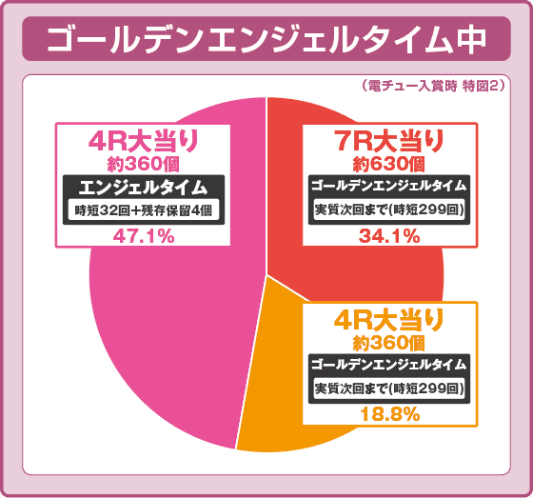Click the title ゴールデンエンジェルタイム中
266,39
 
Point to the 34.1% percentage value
389,236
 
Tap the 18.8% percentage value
389,414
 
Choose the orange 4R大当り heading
389,319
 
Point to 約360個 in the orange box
389,341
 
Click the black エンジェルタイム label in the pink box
144,187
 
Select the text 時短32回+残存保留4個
144,210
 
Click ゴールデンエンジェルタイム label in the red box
389,185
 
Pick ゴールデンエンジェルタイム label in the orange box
389,364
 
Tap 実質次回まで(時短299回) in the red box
389,209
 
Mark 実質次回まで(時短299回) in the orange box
389,388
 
